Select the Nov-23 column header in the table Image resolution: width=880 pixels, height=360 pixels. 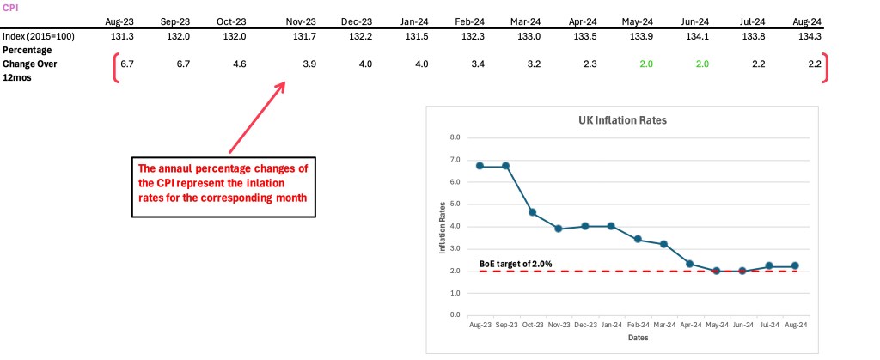tap(301, 21)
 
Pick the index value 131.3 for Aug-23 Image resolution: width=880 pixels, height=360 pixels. tap(117, 36)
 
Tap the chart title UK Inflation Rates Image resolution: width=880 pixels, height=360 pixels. tap(622, 120)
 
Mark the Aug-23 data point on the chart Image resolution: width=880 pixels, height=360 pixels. tap(479, 166)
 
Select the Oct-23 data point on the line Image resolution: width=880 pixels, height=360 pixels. tap(533, 212)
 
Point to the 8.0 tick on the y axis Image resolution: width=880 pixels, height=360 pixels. tap(455, 137)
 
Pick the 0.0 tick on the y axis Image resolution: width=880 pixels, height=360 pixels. tap(455, 315)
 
